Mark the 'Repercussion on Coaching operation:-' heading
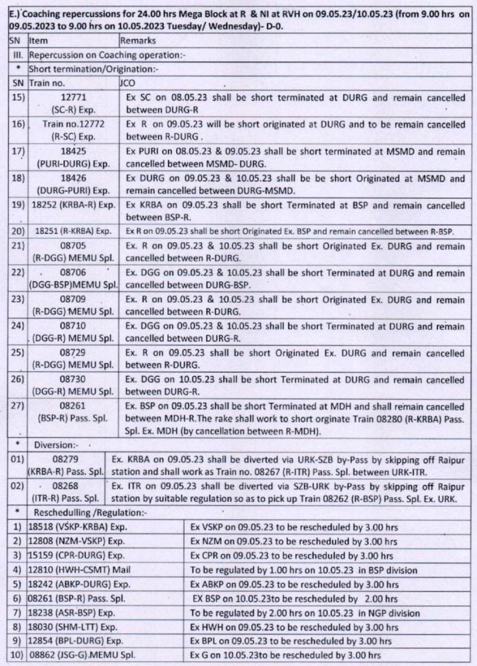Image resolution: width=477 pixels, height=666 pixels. pyautogui.click(x=107, y=55)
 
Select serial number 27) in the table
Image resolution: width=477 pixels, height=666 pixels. pyautogui.click(x=18, y=406)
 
